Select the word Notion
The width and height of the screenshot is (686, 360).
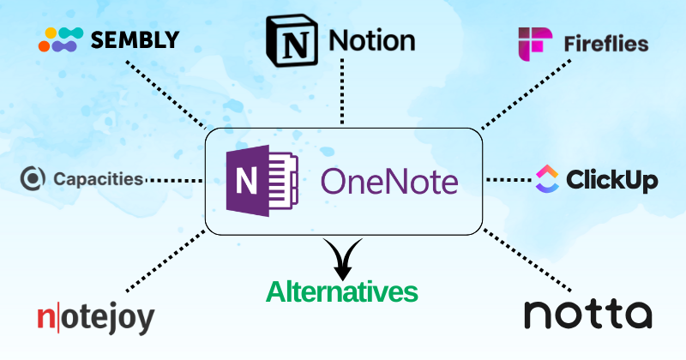coord(373,39)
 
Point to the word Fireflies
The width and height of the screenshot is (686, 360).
coord(606,44)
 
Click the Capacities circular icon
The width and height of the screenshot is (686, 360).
coord(33,179)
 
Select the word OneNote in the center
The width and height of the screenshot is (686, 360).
coord(389,182)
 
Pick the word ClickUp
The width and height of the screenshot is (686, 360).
coord(612,180)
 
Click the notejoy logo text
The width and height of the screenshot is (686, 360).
coord(96,317)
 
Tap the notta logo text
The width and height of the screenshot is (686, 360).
coord(587,314)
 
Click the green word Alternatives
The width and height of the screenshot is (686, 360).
coord(341,291)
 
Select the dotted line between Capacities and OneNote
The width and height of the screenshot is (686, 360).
coord(174,180)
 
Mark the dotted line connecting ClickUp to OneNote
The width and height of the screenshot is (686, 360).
coord(508,180)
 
